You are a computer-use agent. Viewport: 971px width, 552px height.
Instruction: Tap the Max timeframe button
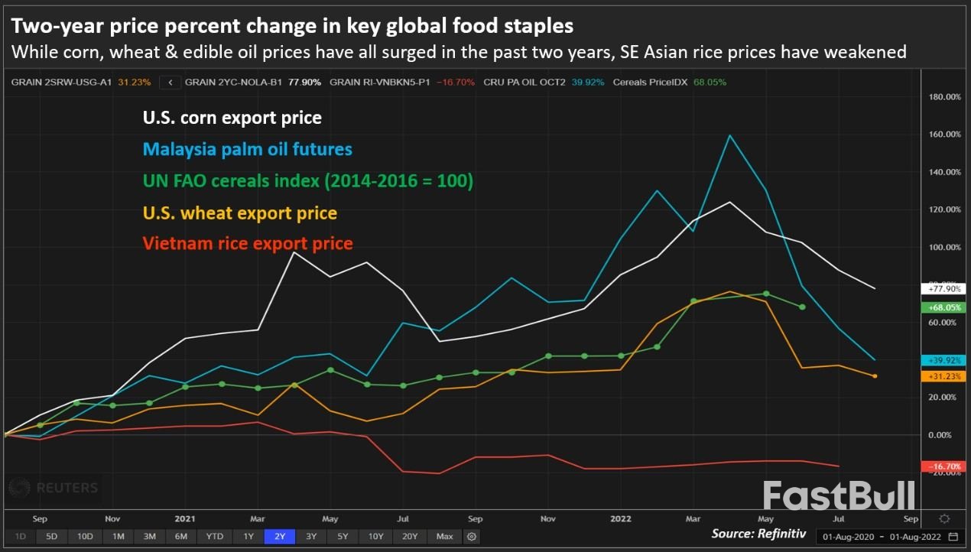[445, 537]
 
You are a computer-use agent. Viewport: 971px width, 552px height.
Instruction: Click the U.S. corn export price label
[232, 118]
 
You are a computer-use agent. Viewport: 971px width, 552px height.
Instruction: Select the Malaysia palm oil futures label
[248, 149]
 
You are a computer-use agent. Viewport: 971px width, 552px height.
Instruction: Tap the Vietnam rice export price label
[248, 244]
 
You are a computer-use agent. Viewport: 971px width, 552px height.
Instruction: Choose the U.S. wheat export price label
[239, 213]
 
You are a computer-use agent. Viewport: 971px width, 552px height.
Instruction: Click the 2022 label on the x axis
[620, 517]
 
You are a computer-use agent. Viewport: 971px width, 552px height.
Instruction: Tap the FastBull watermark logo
[839, 495]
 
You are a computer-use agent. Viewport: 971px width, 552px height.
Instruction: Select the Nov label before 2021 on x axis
[112, 517]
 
